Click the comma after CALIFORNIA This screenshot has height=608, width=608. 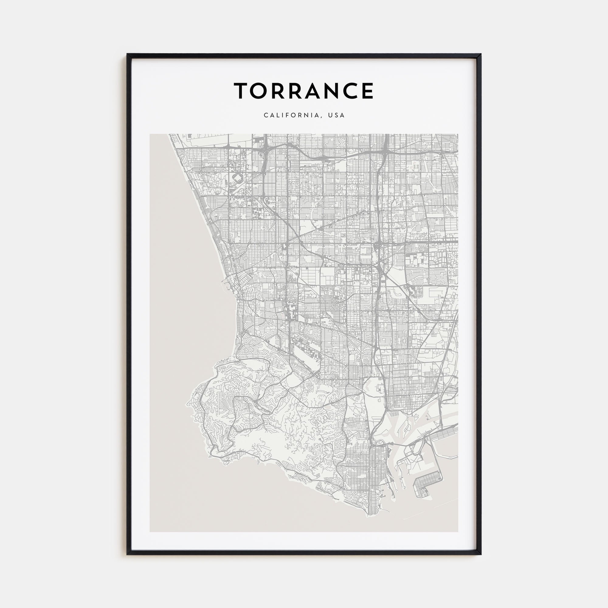point(323,117)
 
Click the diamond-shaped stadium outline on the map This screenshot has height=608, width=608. point(238,178)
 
